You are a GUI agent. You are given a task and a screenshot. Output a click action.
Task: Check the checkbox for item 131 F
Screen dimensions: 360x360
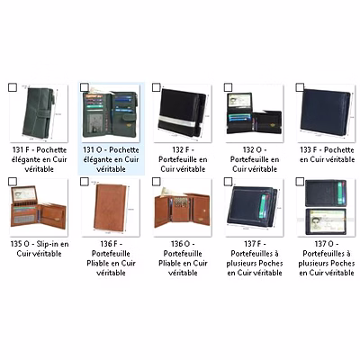point(13,87)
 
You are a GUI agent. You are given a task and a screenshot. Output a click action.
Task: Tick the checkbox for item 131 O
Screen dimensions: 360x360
point(85,87)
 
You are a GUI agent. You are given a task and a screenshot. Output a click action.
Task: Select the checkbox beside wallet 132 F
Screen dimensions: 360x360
point(157,87)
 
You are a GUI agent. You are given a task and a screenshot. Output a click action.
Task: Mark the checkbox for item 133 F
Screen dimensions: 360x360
point(300,87)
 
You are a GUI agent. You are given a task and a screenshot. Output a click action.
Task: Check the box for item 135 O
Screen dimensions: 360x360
point(13,182)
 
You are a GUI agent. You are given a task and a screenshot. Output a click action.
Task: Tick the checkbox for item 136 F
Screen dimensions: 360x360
point(85,182)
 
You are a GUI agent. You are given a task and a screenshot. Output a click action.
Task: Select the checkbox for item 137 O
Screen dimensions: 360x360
point(300,182)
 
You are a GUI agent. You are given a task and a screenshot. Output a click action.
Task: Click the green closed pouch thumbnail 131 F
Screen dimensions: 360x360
point(39,113)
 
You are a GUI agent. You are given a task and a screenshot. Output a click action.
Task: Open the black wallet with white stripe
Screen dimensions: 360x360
point(182,112)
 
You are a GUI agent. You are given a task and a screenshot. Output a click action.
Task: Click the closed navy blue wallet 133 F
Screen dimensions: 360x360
point(325,112)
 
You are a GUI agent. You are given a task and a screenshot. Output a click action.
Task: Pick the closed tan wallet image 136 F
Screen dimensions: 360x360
point(110,207)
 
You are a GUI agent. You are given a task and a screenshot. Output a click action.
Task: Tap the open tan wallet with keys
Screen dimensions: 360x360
point(182,210)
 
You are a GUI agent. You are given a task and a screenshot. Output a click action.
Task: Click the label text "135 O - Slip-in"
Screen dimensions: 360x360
point(40,244)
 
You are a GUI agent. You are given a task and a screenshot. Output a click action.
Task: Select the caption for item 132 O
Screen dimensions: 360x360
point(255,159)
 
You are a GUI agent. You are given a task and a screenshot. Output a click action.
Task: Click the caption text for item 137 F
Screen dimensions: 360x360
point(255,258)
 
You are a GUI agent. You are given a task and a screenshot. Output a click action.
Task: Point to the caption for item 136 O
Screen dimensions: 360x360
point(183,258)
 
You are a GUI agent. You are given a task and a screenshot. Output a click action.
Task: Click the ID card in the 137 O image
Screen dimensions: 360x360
point(327,221)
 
